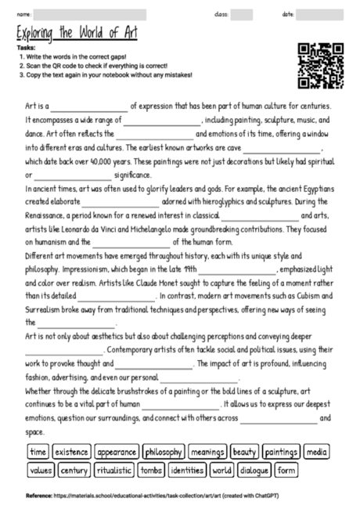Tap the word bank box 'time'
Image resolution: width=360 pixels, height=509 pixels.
pos(38,452)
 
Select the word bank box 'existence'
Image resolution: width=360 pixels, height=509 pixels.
pos(72,452)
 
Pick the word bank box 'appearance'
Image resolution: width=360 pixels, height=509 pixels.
pos(117,452)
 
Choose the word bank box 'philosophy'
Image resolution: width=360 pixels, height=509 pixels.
pos(164,452)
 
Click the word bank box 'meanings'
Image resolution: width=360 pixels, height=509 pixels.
pos(207,452)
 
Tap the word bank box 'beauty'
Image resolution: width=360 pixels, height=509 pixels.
pos(245,452)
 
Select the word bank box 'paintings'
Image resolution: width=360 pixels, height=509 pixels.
pos(280,452)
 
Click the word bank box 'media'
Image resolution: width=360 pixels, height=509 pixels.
pos(317,452)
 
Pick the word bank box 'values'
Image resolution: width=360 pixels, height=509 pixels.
pos(40,471)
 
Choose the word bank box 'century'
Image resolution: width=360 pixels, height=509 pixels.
pos(74,471)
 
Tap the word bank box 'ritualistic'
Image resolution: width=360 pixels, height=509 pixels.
pos(113,471)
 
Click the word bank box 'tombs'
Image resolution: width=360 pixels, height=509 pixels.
pos(151,471)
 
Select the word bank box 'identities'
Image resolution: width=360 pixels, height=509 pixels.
pos(187,471)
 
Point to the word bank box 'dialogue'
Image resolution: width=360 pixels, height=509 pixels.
pos(254,471)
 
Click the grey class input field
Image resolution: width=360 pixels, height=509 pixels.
pos(242,14)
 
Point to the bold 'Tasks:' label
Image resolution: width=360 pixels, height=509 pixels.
pos(23,48)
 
